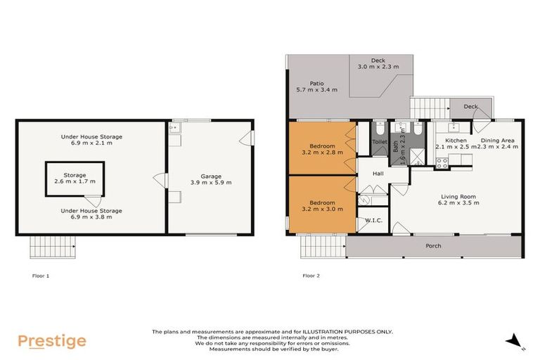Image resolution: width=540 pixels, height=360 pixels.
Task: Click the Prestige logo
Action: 52,342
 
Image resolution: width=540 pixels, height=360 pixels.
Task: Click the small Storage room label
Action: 75,174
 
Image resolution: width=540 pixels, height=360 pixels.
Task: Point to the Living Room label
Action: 459,196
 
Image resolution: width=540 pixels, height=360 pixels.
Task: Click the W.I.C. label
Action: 373,220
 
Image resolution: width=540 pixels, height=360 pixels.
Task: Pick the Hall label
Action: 378,173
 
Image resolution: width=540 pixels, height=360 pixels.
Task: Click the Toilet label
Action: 380,141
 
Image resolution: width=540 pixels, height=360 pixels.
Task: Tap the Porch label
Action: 434,246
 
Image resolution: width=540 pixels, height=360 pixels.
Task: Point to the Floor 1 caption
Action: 41,276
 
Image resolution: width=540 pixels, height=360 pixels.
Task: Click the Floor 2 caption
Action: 311,276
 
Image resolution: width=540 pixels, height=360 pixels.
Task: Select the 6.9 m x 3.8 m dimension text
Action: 91,217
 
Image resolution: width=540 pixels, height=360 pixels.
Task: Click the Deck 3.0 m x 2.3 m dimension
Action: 378,67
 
